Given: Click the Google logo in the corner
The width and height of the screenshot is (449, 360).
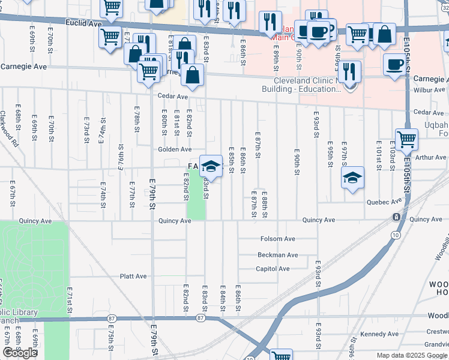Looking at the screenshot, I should tap(20, 353).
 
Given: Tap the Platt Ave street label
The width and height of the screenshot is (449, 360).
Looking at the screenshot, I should tap(133, 277).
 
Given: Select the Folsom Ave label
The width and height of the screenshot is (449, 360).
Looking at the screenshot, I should tap(278, 239).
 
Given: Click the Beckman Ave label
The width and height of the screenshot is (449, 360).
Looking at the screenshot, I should tap(278, 255).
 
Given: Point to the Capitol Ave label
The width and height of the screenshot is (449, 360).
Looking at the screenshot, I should tap(273, 269).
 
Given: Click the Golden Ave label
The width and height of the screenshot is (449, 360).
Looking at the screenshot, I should tap(175, 149).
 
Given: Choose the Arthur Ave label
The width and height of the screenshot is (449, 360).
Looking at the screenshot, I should tap(431, 158).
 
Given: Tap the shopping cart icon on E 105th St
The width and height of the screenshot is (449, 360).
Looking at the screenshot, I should tap(406, 140).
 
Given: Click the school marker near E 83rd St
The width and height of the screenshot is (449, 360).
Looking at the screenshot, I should tap(211, 166).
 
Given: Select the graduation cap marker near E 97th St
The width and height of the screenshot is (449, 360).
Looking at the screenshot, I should tap(353, 177).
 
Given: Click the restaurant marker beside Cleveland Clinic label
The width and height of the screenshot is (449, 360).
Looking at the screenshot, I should tap(349, 71).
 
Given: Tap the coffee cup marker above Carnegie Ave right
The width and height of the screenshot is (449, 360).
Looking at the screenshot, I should tap(394, 65).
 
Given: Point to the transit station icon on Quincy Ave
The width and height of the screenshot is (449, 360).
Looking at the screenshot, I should tap(396, 217).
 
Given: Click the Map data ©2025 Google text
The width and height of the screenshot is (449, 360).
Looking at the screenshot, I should tap(412, 355).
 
